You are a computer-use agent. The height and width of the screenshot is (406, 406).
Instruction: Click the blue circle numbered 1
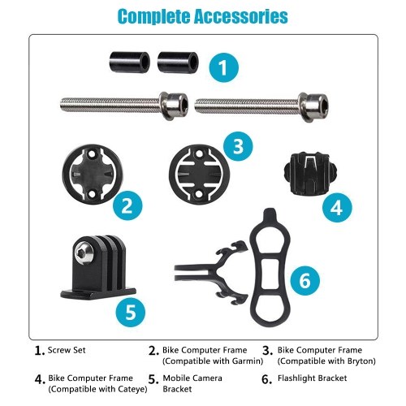tap(224, 67)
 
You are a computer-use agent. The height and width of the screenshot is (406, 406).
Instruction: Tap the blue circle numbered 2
tap(127, 205)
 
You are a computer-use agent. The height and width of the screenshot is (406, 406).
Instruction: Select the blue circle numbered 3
tap(238, 146)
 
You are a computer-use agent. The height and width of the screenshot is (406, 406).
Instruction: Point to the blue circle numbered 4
tap(337, 208)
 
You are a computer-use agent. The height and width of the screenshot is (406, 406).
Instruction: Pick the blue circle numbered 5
tap(131, 312)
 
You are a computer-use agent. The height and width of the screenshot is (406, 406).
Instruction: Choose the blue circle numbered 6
tap(305, 280)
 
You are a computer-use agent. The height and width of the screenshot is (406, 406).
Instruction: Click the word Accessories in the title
tap(241, 16)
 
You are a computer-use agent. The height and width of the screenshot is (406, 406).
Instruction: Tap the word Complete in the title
tap(154, 17)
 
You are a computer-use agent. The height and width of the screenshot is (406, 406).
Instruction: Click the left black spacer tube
tap(130, 62)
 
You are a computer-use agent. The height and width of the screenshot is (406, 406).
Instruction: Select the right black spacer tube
tap(178, 62)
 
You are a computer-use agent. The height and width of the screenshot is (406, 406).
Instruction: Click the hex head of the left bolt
tap(174, 106)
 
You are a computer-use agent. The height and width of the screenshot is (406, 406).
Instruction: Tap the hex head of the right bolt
tap(313, 106)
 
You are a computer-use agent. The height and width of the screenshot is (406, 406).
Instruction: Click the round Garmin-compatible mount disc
tap(93, 174)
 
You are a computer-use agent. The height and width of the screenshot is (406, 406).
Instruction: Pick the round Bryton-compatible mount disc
tap(199, 175)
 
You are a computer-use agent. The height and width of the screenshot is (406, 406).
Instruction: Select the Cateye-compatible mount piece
tap(311, 174)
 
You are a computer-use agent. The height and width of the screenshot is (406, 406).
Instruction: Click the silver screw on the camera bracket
tap(83, 253)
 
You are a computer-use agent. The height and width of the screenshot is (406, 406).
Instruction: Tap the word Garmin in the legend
tap(244, 361)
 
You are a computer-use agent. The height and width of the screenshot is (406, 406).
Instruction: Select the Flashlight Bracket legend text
tap(312, 378)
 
